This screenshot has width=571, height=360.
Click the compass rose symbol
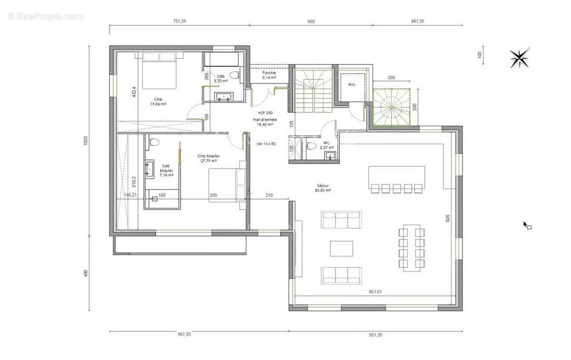point(520,58)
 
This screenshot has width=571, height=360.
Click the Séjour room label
point(323,188)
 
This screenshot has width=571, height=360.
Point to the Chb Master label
point(208,158)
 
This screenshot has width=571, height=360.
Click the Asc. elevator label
point(352,84)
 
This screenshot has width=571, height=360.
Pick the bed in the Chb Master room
point(227,185)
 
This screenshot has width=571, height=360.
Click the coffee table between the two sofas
point(342,248)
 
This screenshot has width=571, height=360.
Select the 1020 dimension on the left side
point(86,140)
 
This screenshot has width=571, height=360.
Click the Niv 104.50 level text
point(266,143)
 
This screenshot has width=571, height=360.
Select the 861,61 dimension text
point(375,291)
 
